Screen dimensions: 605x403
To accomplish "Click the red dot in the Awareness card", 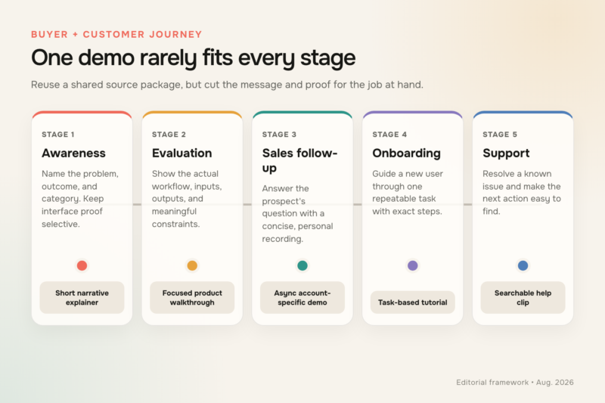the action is [82, 265].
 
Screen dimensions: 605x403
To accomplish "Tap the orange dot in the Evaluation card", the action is [192, 265].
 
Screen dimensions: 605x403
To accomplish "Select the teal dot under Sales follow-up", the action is [302, 265].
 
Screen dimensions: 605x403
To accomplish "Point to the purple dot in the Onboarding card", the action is [412, 265].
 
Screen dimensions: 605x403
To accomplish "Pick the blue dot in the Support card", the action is [523, 265].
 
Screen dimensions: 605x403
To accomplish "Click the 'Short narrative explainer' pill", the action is [82, 297].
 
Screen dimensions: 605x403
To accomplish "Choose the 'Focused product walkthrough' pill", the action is [192, 297].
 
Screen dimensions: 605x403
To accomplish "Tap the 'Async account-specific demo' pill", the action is [302, 297].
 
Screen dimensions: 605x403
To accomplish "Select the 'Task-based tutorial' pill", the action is [412, 302].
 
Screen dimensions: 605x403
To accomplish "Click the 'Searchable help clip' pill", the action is [523, 297].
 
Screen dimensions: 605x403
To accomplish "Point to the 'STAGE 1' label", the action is [58, 134].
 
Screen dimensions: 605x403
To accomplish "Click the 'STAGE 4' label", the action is [389, 134].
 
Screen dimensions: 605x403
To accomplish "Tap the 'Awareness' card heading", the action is [73, 153].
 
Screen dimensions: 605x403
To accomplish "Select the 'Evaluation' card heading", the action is [181, 153].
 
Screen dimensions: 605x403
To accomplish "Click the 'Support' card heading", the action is [506, 153].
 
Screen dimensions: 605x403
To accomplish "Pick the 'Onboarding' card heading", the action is [406, 153].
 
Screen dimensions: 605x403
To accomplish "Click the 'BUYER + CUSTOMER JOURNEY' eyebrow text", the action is [116, 34].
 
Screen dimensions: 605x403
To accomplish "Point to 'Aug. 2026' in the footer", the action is [555, 382].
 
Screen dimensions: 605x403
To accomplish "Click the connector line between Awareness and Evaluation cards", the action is [137, 204].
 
